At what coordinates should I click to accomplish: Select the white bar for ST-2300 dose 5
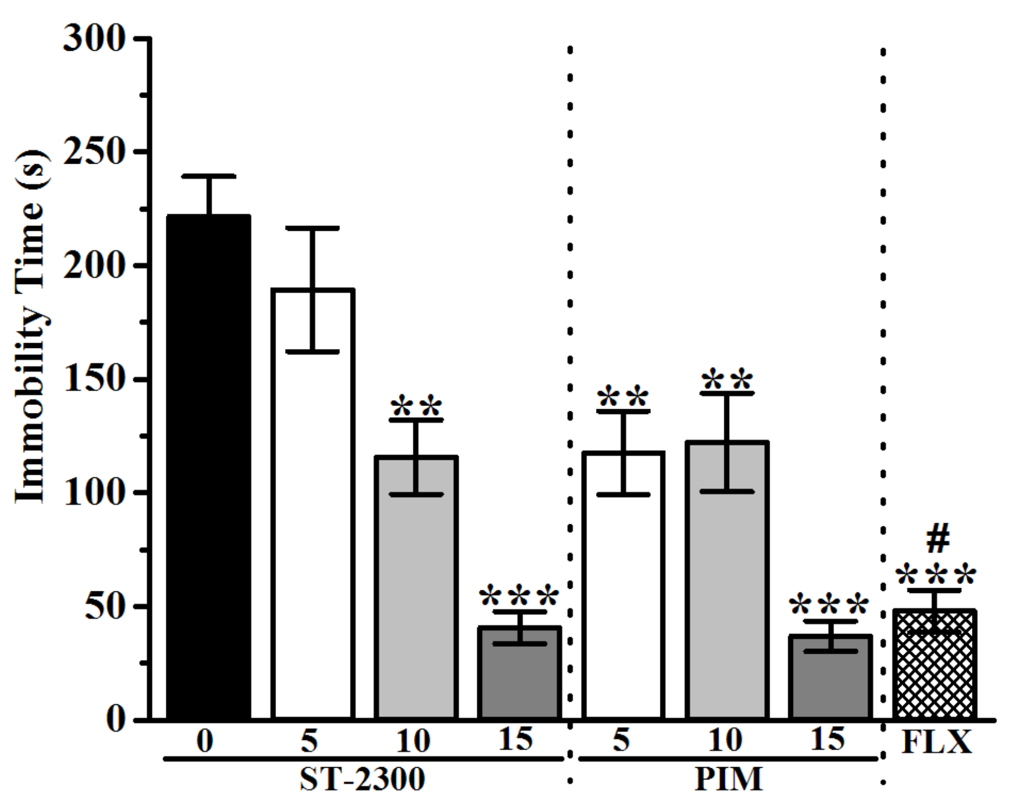click(x=313, y=528)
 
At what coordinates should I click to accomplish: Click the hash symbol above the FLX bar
click(x=938, y=539)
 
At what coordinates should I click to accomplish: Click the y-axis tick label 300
click(x=94, y=38)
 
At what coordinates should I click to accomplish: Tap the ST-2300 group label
click(x=362, y=779)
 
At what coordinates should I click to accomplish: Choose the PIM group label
click(x=728, y=779)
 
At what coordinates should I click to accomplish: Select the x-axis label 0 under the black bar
click(x=205, y=741)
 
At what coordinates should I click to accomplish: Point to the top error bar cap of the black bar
click(x=210, y=176)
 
